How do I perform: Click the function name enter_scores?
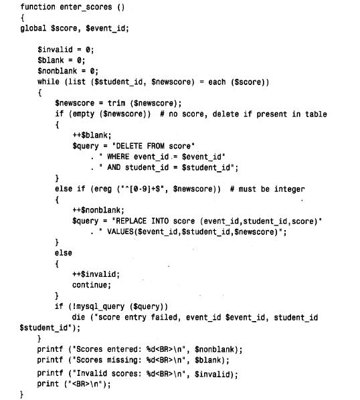click(x=86, y=7)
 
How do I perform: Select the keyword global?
click(x=33, y=28)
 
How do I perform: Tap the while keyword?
click(x=48, y=82)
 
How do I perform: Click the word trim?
click(x=116, y=103)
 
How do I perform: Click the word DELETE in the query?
click(x=129, y=146)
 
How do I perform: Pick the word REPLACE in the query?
click(x=131, y=221)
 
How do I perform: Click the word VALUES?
click(x=120, y=231)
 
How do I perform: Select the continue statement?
click(x=92, y=285)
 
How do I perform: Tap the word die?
click(x=78, y=317)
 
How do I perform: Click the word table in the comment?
click(x=316, y=114)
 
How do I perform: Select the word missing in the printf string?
click(x=124, y=360)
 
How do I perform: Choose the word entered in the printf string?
click(x=124, y=349)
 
